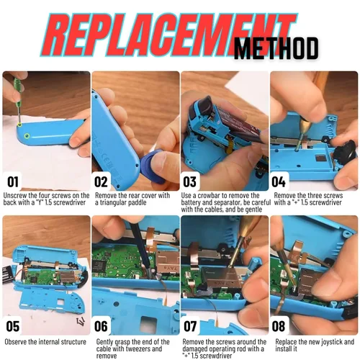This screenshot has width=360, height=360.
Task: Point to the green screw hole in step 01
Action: [x=27, y=135]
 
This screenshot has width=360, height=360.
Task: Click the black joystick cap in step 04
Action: [x=347, y=152]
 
